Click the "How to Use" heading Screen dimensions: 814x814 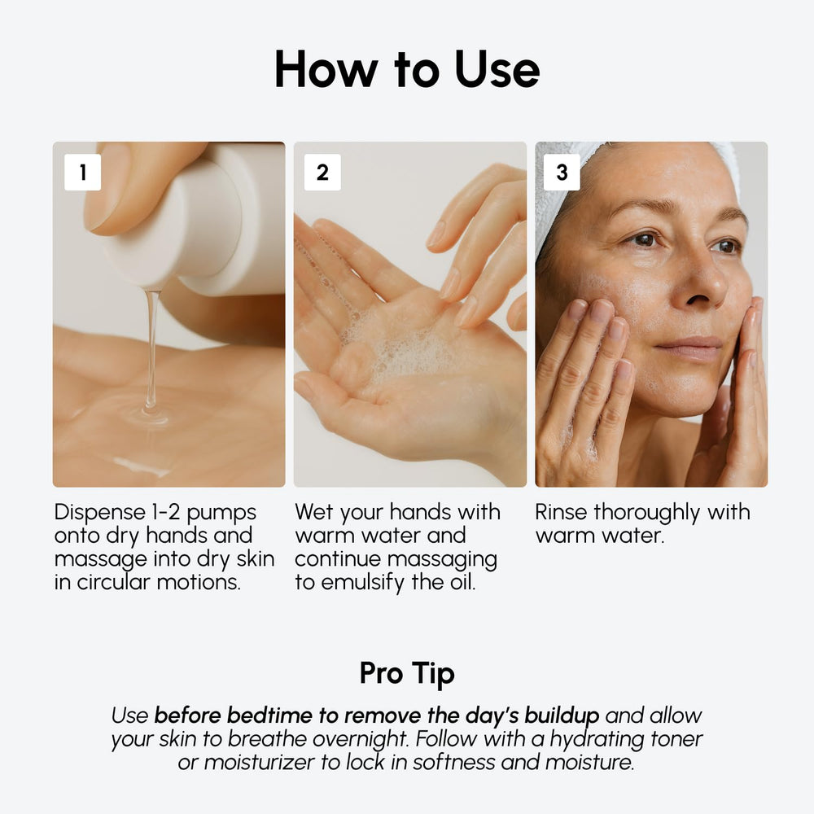click(x=407, y=69)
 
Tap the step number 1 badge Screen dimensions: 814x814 click(x=82, y=173)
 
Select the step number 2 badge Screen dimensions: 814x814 click(x=322, y=173)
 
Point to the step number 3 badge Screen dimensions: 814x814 click(x=562, y=173)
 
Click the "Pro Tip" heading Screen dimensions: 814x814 click(x=407, y=674)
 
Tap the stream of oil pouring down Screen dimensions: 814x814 click(x=151, y=350)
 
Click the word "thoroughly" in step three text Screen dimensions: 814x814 click(x=647, y=513)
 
